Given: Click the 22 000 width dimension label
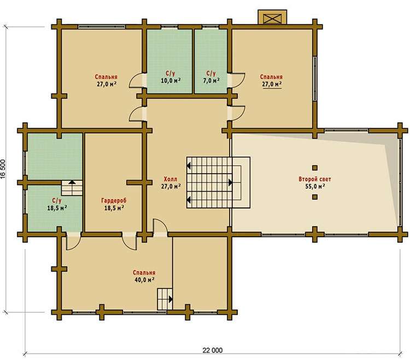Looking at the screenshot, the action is coord(212,350).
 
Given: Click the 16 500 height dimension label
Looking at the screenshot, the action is coord(3,169).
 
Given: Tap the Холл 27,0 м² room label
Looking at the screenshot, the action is coord(171,182).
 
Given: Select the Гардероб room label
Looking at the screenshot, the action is coord(114,200).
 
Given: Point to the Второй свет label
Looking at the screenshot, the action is coord(315,179).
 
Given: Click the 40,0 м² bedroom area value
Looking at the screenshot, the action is coord(144,280).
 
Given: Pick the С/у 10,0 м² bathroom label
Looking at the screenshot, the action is coord(170,77).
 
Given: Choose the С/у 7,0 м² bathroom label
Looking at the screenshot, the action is coord(211,77).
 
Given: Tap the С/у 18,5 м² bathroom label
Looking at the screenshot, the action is coord(57,204).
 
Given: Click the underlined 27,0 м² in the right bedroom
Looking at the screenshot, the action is coord(272,84).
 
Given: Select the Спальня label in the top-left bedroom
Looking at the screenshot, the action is coord(106,77).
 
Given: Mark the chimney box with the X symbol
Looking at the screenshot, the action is coord(272,17).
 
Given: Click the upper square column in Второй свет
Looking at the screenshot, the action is coord(315,168).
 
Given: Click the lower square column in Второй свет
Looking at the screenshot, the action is coord(315,197).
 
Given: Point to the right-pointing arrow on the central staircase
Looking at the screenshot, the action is coord(230,182).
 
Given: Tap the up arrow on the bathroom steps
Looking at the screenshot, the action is coord(72,182).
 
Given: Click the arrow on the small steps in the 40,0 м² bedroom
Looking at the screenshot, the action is coord(171,299).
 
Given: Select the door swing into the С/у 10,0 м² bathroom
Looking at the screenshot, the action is coord(136,81).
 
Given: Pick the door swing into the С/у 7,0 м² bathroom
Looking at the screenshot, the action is coord(238,81).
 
